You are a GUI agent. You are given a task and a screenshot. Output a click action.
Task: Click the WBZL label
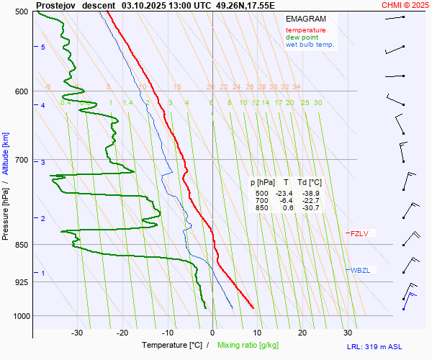point(360,271)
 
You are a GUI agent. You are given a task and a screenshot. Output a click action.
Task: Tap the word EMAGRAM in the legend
point(305,18)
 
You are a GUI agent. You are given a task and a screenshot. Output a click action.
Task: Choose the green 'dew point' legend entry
point(303,37)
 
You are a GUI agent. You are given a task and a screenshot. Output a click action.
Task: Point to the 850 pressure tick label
point(20,245)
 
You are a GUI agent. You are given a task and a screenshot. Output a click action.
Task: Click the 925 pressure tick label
point(20,282)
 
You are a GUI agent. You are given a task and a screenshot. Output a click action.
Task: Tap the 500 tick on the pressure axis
point(20,12)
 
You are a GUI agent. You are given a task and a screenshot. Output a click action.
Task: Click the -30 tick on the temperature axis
point(77,333)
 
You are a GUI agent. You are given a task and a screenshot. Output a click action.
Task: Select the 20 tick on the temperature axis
point(302,333)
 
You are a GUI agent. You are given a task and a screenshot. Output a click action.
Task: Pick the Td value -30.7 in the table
point(310,208)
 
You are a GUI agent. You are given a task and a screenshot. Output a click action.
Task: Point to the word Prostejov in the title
point(55,4)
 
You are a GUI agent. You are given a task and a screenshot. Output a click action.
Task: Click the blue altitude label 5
point(42,47)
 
